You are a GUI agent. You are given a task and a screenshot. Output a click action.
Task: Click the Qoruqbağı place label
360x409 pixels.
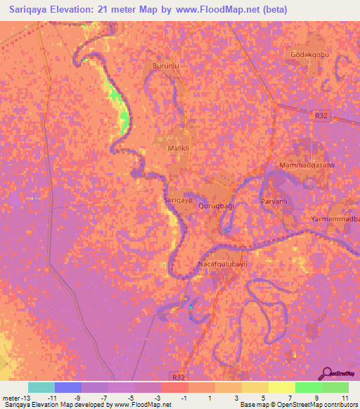(215, 206)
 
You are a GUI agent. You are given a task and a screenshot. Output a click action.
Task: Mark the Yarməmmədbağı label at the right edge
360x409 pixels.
(335, 219)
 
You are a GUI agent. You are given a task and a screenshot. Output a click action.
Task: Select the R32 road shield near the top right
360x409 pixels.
(322, 115)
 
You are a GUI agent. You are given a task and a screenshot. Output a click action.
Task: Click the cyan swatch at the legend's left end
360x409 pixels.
(41, 387)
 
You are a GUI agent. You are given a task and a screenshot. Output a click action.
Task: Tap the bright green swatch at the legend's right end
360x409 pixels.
(335, 387)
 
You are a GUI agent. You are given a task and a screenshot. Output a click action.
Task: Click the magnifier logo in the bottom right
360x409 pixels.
(326, 372)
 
